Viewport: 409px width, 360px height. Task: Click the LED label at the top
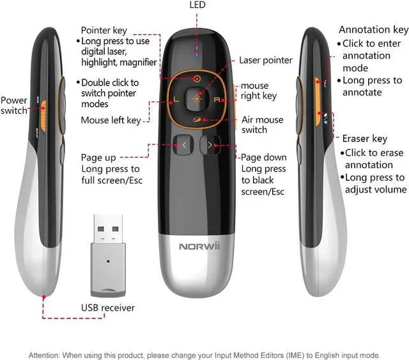(197, 6)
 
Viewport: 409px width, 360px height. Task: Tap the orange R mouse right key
(216, 100)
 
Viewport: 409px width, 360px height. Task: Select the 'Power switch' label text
(14, 106)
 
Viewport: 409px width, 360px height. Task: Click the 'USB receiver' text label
(107, 308)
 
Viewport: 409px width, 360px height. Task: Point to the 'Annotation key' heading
(373, 29)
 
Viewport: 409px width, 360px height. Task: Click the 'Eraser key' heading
(364, 139)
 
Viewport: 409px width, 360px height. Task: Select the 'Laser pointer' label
(265, 61)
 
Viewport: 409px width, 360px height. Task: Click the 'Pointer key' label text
(104, 30)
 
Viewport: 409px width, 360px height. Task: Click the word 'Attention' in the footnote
(47, 355)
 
